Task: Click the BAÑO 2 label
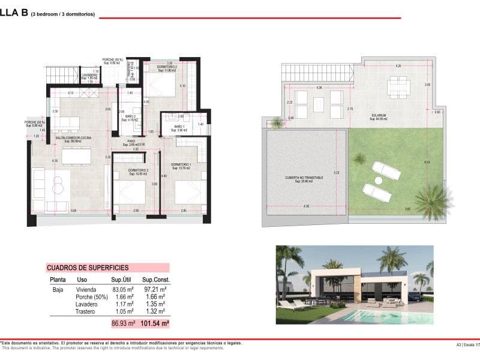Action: pyautogui.click(x=130, y=117)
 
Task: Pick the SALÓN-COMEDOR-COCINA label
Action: pyautogui.click(x=73, y=138)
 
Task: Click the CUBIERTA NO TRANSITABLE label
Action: pyautogui.click(x=305, y=178)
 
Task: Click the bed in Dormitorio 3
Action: pyautogui.click(x=131, y=194)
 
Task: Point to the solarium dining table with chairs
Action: pyautogui.click(x=397, y=86)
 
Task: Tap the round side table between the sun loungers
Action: pyautogui.click(x=379, y=180)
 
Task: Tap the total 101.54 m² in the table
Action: pyautogui.click(x=157, y=323)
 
